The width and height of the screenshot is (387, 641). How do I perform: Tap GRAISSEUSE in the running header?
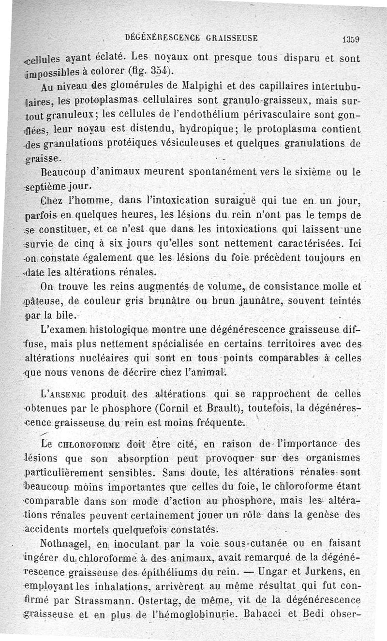pos(226,37)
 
